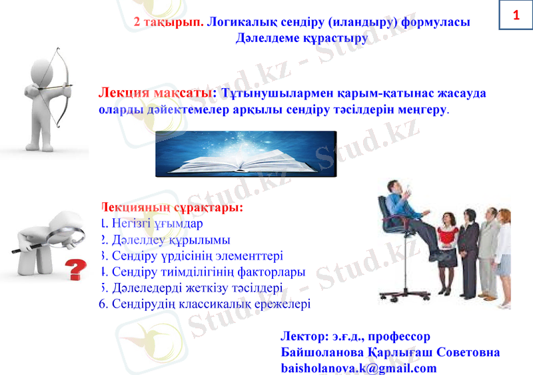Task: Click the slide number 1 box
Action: tap(515, 15)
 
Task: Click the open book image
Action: tap(245, 154)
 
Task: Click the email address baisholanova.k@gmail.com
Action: tap(359, 368)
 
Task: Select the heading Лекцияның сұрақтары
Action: tap(173, 208)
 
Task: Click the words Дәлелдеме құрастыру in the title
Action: tap(302, 38)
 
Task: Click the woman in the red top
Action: tap(447, 247)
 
